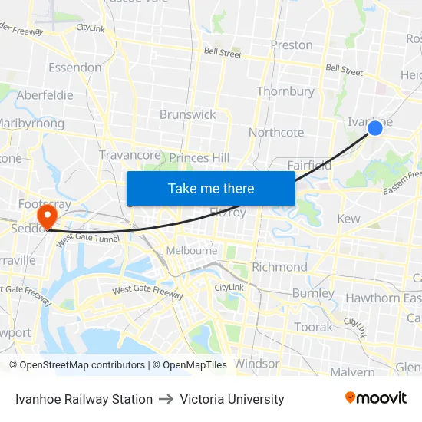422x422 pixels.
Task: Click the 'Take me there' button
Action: coord(211,188)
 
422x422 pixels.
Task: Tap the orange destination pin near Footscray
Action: coord(47,215)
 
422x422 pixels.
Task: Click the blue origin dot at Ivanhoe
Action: coord(375,127)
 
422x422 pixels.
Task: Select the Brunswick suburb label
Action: coord(188,114)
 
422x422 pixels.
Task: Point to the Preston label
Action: coord(292,45)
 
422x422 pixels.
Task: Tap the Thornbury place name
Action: coord(285,91)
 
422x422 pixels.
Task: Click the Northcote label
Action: coord(276,132)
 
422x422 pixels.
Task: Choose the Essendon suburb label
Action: coord(74,68)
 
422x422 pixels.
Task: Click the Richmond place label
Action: coord(279,267)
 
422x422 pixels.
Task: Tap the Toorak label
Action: coord(313,327)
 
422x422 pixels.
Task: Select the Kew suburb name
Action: coord(348,219)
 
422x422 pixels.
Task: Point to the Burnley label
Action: coord(313,293)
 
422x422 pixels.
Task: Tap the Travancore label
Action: coord(130,155)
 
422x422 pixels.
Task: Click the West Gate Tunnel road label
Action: coord(88,239)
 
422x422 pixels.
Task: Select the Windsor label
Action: coord(257,363)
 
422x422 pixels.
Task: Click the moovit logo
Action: coord(375,398)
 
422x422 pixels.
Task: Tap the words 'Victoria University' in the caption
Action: coord(232,399)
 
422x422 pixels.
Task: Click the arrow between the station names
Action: coord(166,399)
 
